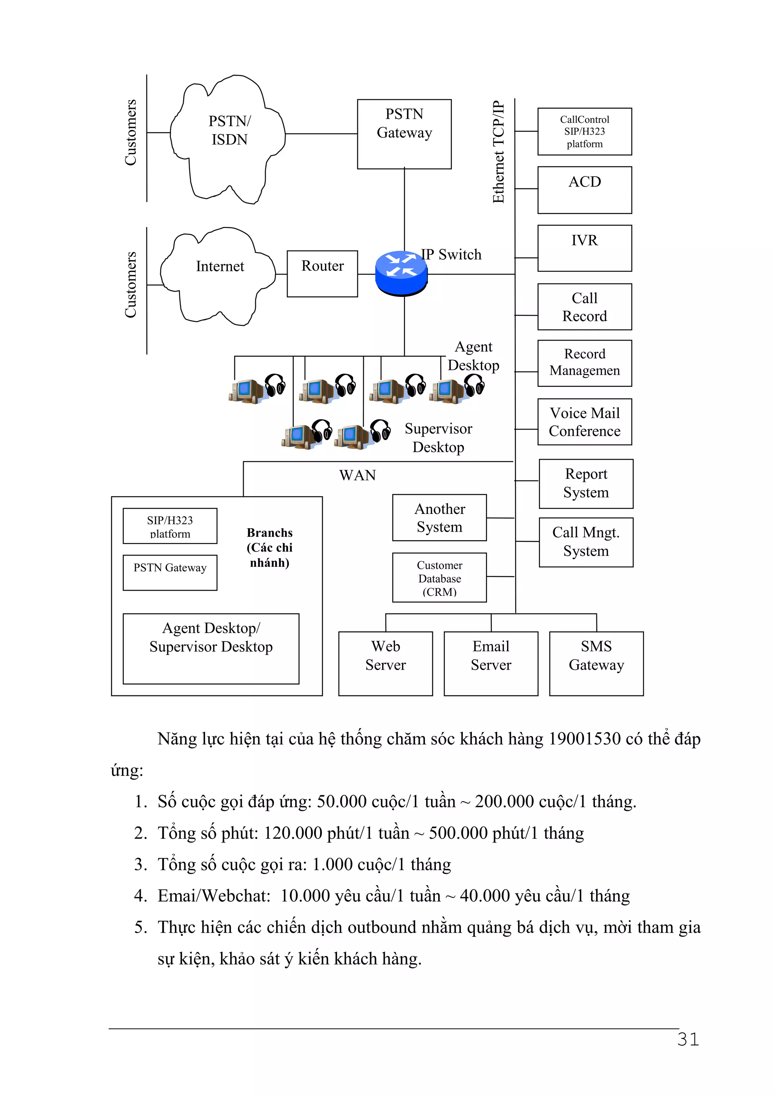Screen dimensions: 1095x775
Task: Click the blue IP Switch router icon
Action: point(401,273)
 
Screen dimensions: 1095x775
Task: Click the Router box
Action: point(322,274)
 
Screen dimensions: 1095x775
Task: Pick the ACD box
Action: point(585,190)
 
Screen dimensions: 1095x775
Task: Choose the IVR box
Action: point(585,248)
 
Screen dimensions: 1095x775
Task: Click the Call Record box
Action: point(585,307)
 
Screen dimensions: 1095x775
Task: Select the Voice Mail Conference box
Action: point(585,422)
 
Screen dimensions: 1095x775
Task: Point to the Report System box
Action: point(586,483)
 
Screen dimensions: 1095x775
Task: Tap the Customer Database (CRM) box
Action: point(439,577)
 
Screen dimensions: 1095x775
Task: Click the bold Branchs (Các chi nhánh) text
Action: point(270,547)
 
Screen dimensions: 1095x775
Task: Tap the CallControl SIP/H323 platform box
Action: point(585,131)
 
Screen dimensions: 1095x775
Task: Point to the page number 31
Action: point(688,1039)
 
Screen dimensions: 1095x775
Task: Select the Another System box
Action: point(439,518)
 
